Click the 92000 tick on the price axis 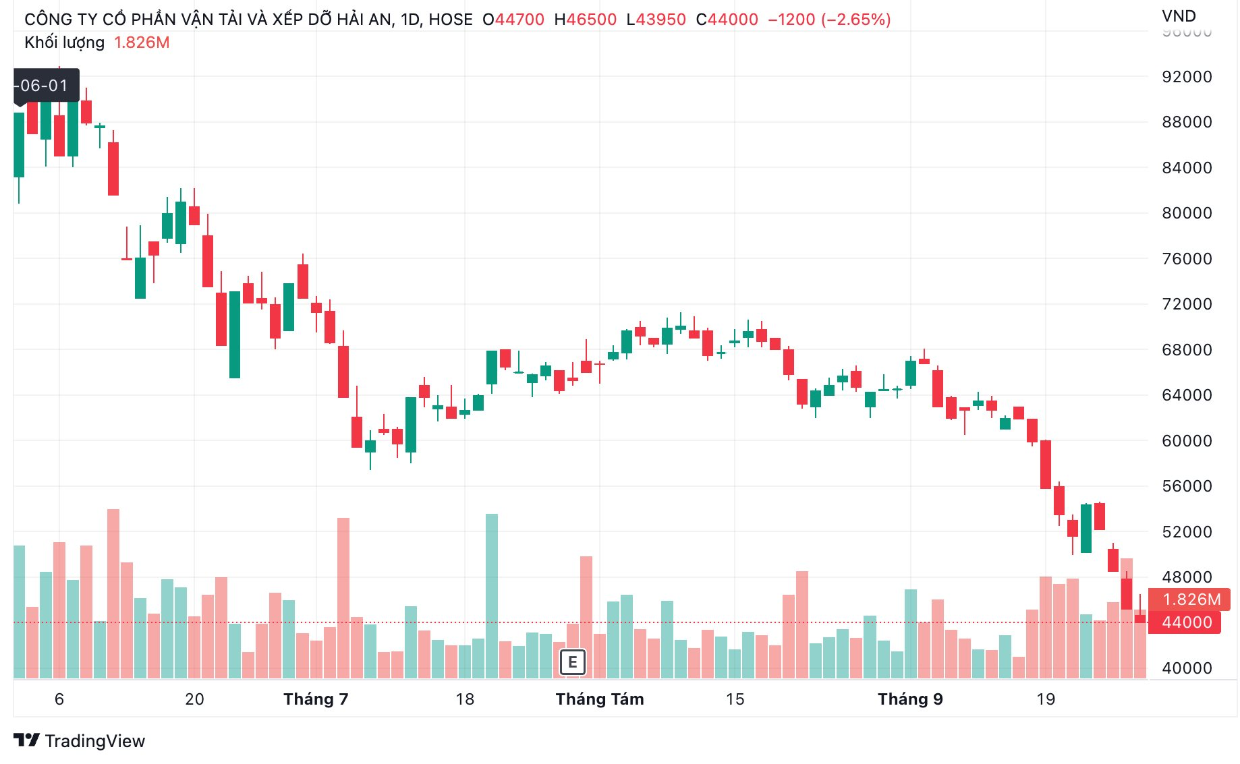pyautogui.click(x=1186, y=77)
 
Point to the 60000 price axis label pyautogui.click(x=1186, y=441)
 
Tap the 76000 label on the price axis pyautogui.click(x=1186, y=259)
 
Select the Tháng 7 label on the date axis pyautogui.click(x=316, y=699)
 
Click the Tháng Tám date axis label pyautogui.click(x=600, y=699)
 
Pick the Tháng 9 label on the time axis pyautogui.click(x=910, y=699)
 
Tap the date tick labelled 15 pyautogui.click(x=735, y=699)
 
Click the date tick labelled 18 pyautogui.click(x=465, y=699)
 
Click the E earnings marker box pyautogui.click(x=572, y=662)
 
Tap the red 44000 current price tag pyautogui.click(x=1186, y=622)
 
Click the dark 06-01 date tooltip pyautogui.click(x=46, y=86)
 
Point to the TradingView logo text pyautogui.click(x=94, y=741)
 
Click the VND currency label pyautogui.click(x=1179, y=16)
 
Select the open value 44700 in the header pyautogui.click(x=519, y=20)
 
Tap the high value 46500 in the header pyautogui.click(x=591, y=20)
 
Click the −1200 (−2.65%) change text pyautogui.click(x=829, y=20)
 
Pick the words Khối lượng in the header pyautogui.click(x=65, y=42)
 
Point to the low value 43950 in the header pyautogui.click(x=660, y=20)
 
